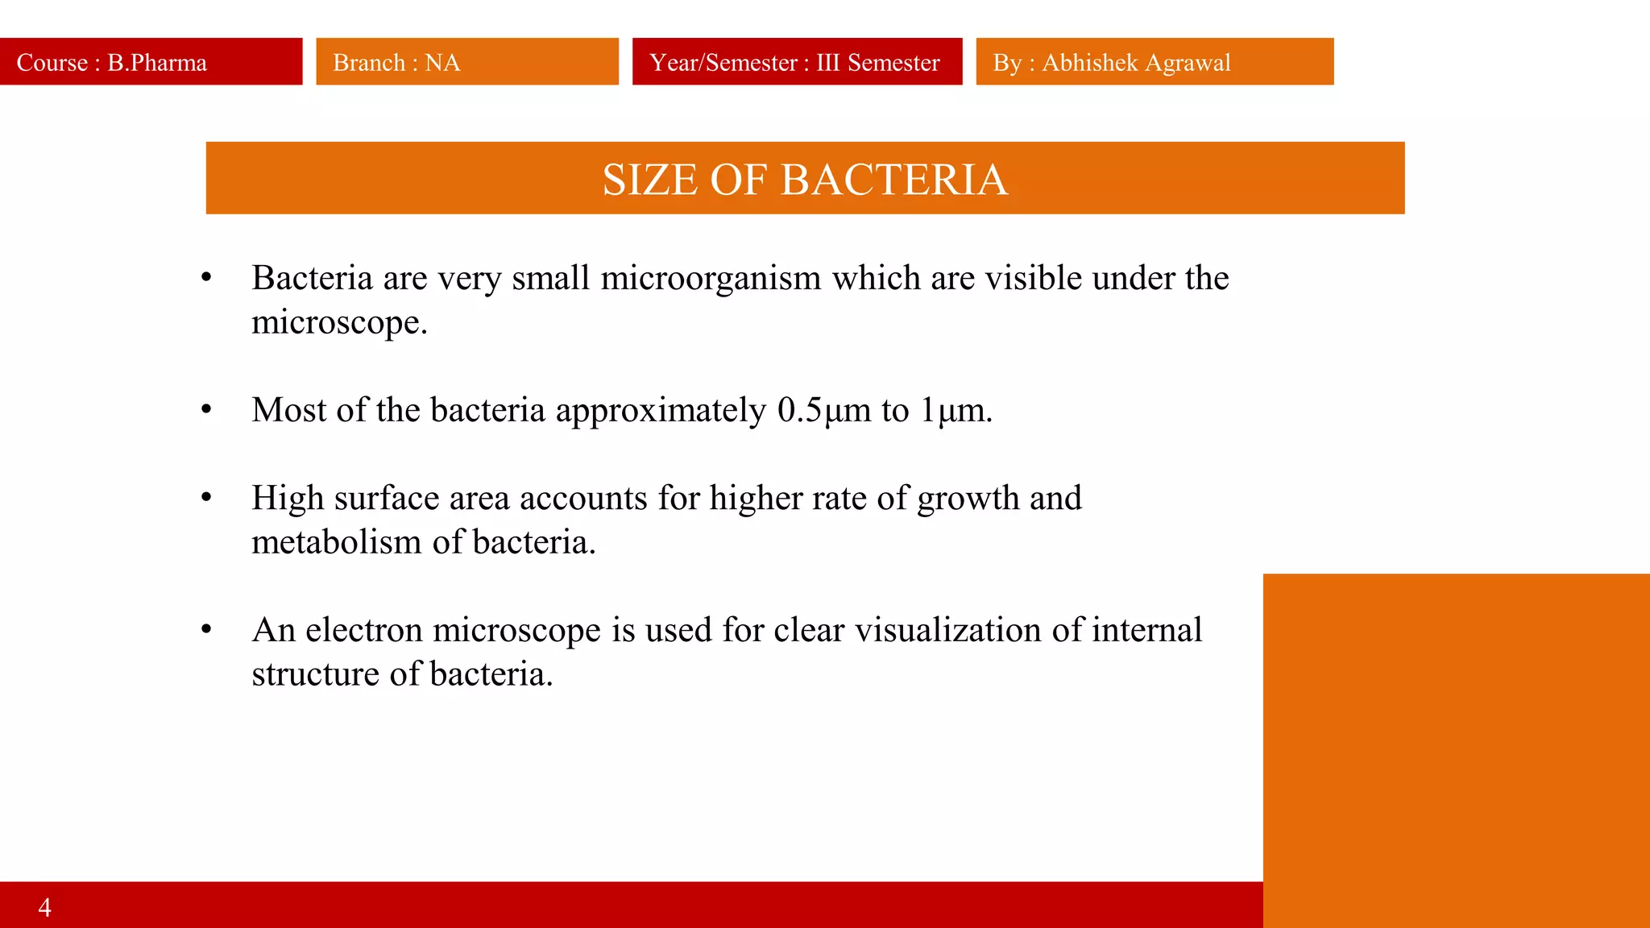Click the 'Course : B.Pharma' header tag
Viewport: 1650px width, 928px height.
click(151, 62)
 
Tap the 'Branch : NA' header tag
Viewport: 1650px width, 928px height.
click(466, 62)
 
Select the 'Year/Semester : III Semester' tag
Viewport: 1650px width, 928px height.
click(796, 62)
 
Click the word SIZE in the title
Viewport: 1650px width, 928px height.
click(650, 180)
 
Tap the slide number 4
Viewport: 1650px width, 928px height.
click(45, 907)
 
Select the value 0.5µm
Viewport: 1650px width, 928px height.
click(824, 410)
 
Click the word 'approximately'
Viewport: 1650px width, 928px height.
click(661, 411)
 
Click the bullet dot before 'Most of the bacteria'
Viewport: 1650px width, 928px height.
click(206, 410)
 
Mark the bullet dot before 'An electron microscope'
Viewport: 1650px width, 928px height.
click(206, 630)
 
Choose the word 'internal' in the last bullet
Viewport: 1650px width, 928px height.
click(1146, 630)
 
